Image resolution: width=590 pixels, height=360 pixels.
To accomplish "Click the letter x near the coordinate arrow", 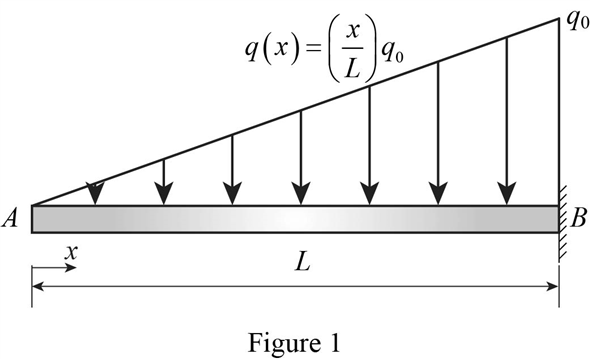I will pos(70,254).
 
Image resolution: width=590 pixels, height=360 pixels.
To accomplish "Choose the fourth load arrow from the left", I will pos(301,156).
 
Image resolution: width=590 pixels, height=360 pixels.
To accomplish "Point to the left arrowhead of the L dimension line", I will pos(39,285).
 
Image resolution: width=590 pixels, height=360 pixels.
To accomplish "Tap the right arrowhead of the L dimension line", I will pos(552,285).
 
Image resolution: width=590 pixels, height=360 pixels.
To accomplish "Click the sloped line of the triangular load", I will pos(300,109).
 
